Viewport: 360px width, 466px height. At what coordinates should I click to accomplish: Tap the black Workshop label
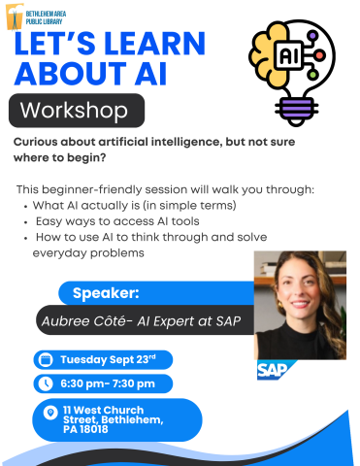click(x=77, y=110)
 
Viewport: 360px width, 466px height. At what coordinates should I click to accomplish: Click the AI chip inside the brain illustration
click(x=289, y=56)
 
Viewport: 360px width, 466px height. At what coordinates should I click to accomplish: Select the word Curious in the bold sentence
click(x=41, y=141)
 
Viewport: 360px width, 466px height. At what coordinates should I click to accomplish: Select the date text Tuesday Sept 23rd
click(x=108, y=359)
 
